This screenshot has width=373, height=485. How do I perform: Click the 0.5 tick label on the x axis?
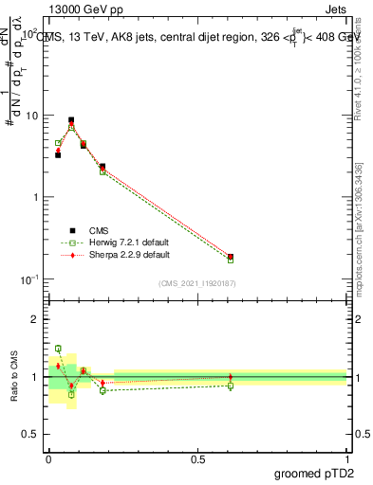pyautogui.click(x=197, y=458)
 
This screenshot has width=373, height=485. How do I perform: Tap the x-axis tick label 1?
pyautogui.click(x=346, y=458)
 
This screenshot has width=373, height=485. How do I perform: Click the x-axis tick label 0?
pyautogui.click(x=49, y=458)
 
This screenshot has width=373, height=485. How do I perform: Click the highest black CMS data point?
pyautogui.click(x=71, y=120)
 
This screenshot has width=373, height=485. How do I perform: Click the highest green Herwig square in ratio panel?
pyautogui.click(x=58, y=349)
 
